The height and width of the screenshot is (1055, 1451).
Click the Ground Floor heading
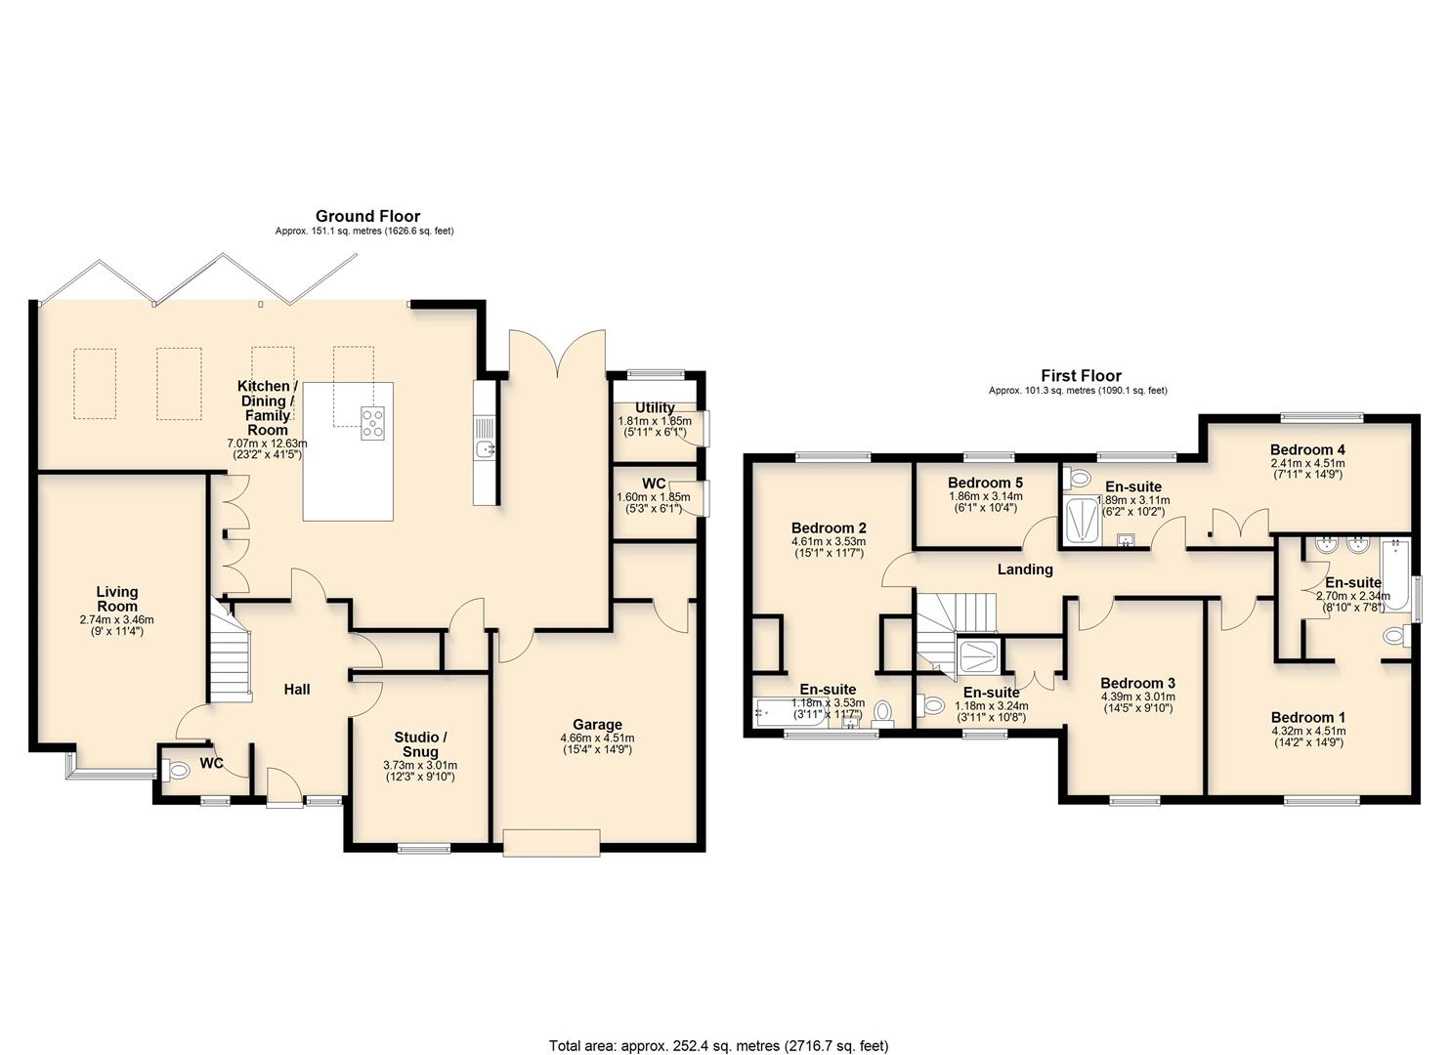(x=367, y=216)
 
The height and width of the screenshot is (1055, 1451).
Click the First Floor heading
(x=1081, y=375)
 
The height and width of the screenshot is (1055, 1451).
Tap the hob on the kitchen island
(x=372, y=422)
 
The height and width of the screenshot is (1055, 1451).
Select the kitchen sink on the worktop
(x=485, y=448)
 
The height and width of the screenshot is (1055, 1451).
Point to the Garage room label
(x=597, y=725)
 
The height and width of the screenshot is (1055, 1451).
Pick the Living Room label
(x=116, y=599)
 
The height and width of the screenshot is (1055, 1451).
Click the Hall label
(x=297, y=690)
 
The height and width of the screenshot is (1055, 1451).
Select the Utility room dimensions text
(x=654, y=426)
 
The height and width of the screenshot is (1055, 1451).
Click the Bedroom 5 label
(x=985, y=483)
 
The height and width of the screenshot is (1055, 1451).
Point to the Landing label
(x=1025, y=570)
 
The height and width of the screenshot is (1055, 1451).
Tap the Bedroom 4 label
(x=1307, y=449)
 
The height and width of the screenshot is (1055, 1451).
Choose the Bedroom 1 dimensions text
(x=1307, y=736)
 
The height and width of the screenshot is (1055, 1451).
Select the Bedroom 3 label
(x=1137, y=683)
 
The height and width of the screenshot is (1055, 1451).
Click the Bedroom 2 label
(x=829, y=527)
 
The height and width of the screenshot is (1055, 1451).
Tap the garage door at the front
(x=550, y=842)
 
